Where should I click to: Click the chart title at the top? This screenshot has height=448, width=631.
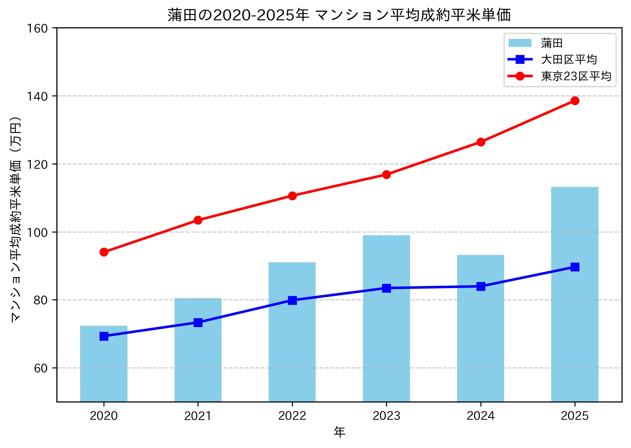point(339,15)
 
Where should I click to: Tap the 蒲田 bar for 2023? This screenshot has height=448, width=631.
point(386,334)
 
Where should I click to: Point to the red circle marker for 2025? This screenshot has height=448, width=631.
point(575,101)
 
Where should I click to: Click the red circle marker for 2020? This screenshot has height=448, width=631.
point(104,252)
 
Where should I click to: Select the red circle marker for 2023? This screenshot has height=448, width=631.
point(386,174)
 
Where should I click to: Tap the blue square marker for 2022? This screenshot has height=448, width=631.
point(292,300)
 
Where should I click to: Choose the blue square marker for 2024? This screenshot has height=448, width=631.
point(480,286)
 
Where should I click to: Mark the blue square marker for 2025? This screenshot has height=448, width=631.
point(575,267)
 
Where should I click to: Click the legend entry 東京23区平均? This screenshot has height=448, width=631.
point(576,76)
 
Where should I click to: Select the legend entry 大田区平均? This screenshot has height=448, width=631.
point(569,60)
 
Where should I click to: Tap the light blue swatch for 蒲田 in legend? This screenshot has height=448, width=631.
point(520,43)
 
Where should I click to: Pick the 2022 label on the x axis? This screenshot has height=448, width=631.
point(292,415)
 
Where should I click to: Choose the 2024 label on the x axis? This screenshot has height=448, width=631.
point(480,415)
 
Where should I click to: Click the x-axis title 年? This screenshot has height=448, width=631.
point(339,432)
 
